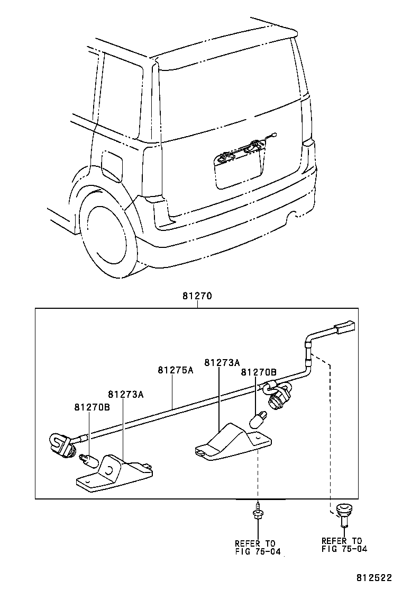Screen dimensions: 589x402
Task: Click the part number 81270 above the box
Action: click(197, 297)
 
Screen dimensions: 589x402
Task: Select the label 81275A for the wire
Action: click(175, 370)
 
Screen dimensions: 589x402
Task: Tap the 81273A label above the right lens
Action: click(222, 362)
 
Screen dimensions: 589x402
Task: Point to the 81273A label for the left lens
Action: click(126, 394)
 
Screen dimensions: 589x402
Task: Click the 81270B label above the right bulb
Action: click(259, 372)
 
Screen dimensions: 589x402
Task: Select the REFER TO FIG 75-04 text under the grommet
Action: click(342, 545)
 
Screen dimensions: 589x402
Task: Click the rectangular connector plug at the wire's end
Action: click(344, 327)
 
